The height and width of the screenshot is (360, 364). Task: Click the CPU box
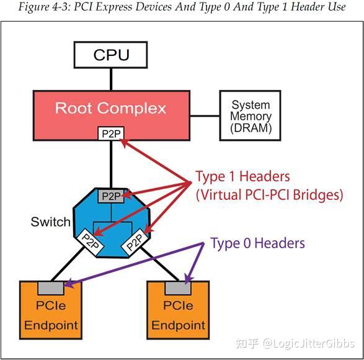[110, 55]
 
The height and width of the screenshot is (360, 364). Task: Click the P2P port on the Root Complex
[110, 133]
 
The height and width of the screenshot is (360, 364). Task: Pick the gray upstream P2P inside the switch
[111, 196]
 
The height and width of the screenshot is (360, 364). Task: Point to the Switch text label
[50, 222]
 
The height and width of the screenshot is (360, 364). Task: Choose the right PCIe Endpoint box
[178, 313]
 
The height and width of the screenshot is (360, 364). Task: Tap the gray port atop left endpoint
[50, 287]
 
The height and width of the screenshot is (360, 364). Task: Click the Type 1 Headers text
[242, 176]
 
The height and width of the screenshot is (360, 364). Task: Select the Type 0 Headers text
[257, 243]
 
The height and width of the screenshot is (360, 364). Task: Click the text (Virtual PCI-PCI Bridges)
[269, 194]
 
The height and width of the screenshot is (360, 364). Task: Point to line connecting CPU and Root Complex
[111, 79]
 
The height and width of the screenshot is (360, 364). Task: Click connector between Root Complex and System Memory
[205, 114]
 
